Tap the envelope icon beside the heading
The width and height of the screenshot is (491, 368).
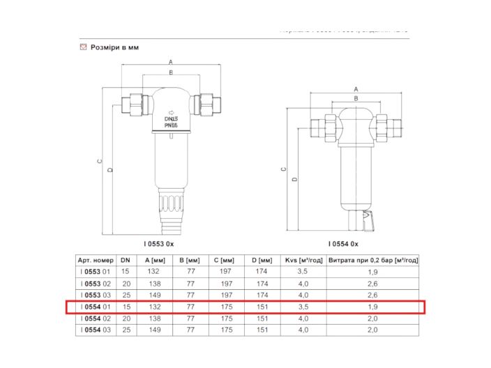pos(83,47)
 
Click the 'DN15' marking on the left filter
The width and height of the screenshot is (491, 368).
pos(171,119)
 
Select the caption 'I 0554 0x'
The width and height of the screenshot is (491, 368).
pos(343,244)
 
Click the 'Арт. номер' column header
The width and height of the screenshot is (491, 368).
pos(95,260)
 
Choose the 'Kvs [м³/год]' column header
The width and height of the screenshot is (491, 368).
pos(303,260)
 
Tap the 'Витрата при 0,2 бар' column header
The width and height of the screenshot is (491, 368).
pos(373,260)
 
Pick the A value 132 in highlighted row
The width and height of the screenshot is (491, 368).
pos(154,307)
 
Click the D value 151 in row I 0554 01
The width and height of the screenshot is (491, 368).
pos(262,307)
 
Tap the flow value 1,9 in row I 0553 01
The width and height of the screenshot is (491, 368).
pos(373,271)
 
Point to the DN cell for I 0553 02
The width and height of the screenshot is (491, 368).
pos(126,284)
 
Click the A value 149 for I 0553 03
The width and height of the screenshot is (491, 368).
pos(154,295)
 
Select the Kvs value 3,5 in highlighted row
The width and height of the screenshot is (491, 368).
pos(303,307)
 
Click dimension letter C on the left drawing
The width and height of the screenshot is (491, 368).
pos(99,161)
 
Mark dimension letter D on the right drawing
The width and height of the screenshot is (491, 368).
pos(294,180)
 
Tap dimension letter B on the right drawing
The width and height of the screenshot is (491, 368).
pos(356,100)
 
